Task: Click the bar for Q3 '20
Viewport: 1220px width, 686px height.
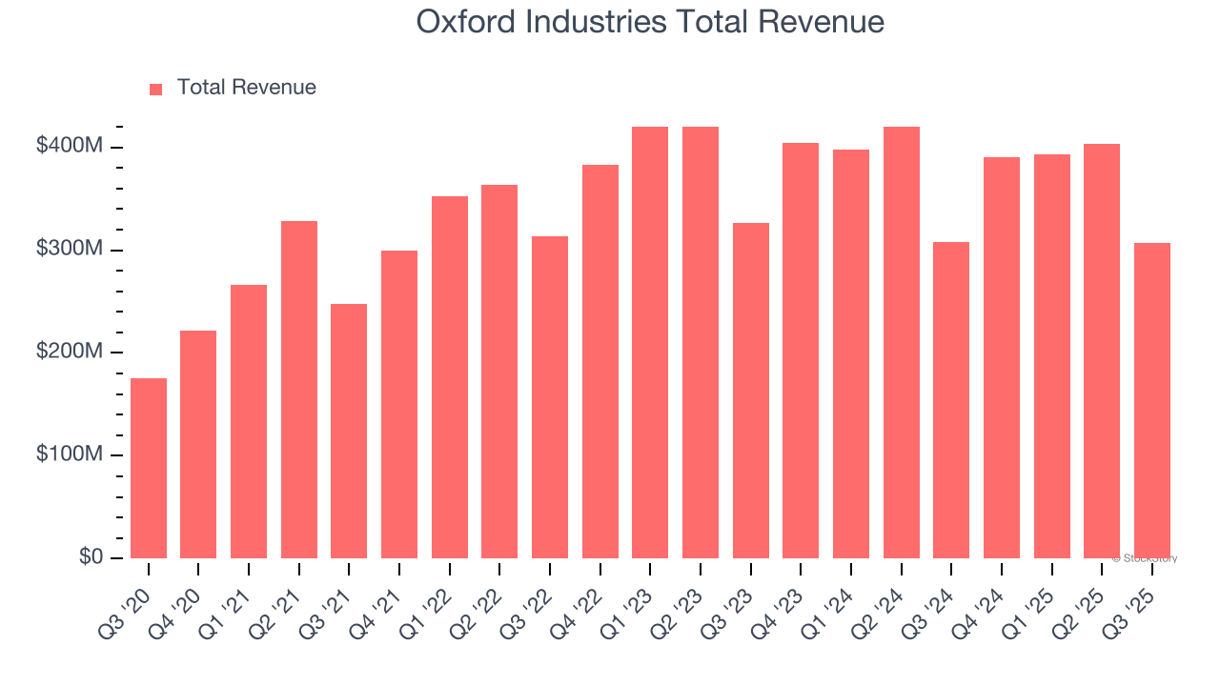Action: [x=149, y=468]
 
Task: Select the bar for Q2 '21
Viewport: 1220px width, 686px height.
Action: [x=299, y=390]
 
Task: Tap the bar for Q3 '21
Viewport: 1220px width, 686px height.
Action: [x=349, y=431]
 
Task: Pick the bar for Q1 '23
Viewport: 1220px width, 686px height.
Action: [x=650, y=342]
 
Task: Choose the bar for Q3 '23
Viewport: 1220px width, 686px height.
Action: [x=751, y=391]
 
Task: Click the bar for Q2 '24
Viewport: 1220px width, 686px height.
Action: [x=902, y=342]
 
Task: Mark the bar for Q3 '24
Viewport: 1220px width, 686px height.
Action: [x=951, y=400]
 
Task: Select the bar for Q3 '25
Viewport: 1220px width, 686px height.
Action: [x=1152, y=400]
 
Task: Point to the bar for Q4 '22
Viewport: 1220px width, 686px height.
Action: [x=600, y=361]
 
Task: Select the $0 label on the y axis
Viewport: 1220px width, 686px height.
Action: [x=90, y=557]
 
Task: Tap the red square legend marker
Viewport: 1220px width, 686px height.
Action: [x=156, y=90]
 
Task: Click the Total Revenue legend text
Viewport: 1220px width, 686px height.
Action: [x=246, y=88]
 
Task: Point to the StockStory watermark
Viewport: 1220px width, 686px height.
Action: [x=1145, y=558]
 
